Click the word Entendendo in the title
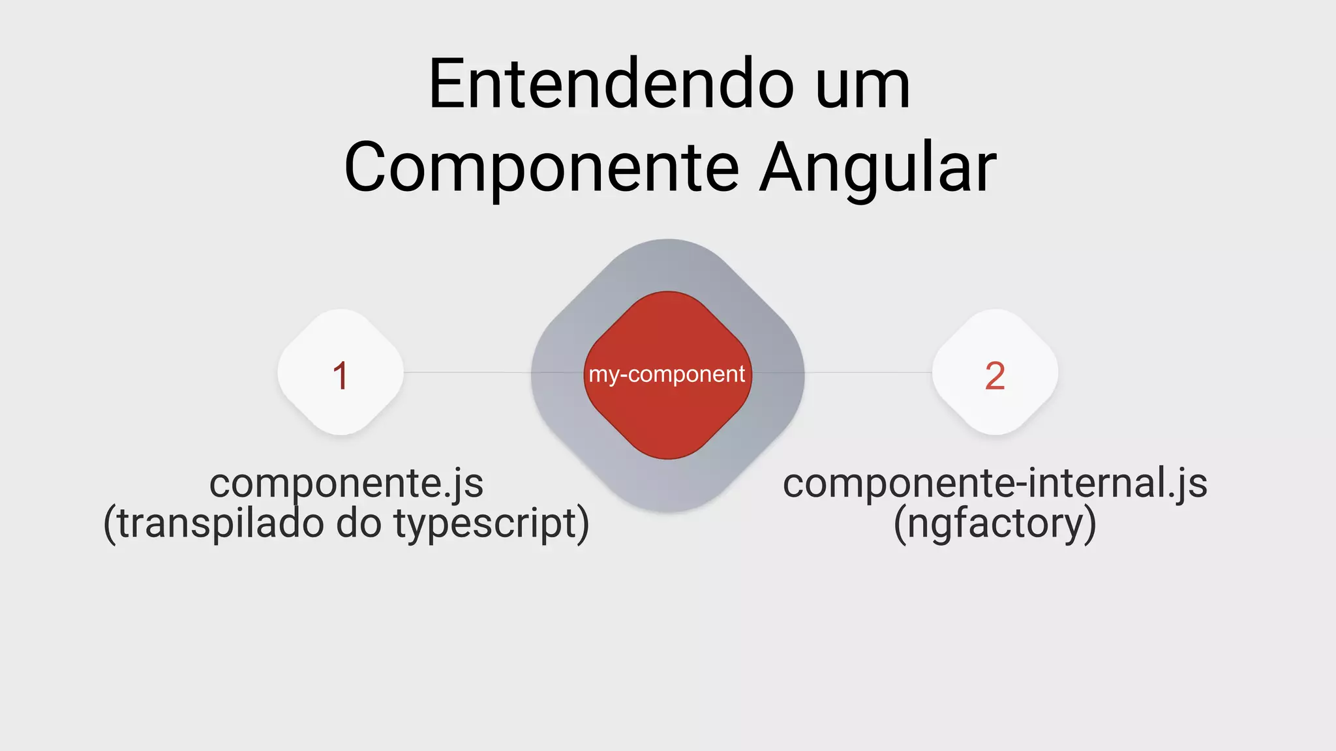(611, 85)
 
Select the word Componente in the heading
(541, 168)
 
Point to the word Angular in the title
(878, 168)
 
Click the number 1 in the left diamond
(341, 375)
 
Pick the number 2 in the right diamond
(995, 375)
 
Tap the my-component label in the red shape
(667, 374)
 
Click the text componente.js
(346, 484)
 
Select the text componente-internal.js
(995, 484)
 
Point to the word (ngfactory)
(995, 523)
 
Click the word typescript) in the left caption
(492, 523)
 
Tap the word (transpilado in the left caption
(214, 523)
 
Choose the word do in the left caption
(359, 523)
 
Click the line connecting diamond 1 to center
(467, 372)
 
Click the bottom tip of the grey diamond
(667, 509)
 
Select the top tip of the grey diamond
(667, 242)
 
